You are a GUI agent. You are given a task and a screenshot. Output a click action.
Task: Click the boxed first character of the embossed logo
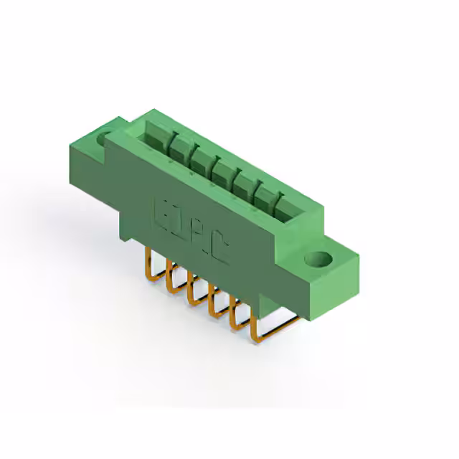pos(163,212)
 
